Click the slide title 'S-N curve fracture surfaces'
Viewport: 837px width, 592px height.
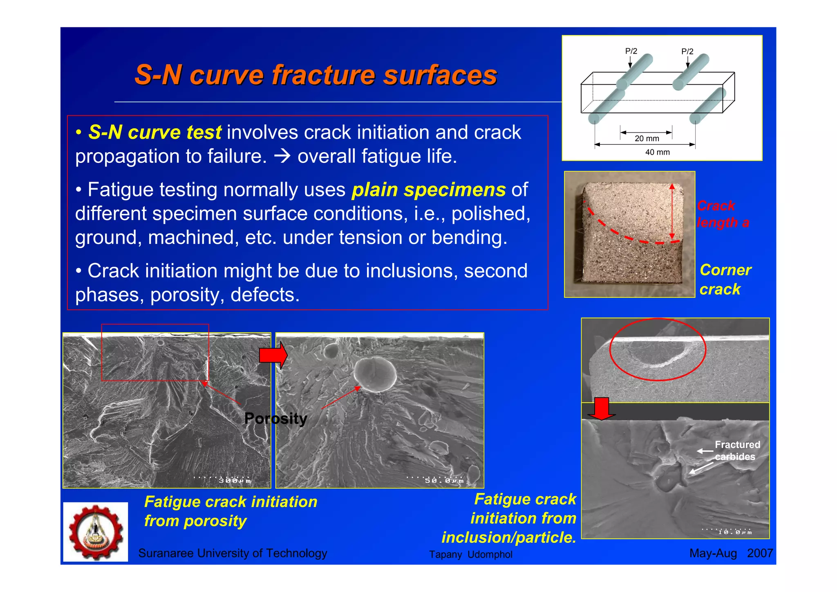[x=316, y=75]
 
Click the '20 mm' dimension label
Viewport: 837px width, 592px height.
[x=647, y=139]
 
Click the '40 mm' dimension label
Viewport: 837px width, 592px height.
[x=657, y=152]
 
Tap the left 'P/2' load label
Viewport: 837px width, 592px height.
[x=631, y=51]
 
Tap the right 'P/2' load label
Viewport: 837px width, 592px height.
[x=687, y=52]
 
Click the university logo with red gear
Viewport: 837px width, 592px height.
[x=96, y=532]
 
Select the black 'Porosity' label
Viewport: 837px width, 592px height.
[x=275, y=419]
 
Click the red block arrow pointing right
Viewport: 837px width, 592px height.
[x=273, y=355]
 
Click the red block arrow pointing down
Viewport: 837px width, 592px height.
[x=601, y=409]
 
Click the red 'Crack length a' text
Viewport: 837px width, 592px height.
[x=722, y=214]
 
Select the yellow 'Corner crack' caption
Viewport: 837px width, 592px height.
[x=725, y=279]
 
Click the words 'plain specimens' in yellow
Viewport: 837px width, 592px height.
[x=428, y=190]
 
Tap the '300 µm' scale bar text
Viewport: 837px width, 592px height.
[x=235, y=481]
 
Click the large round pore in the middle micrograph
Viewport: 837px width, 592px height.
[x=375, y=375]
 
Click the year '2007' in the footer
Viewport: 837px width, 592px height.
[x=760, y=553]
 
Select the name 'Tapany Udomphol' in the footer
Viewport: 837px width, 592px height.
[x=470, y=554]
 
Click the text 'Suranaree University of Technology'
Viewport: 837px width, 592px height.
[x=233, y=553]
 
